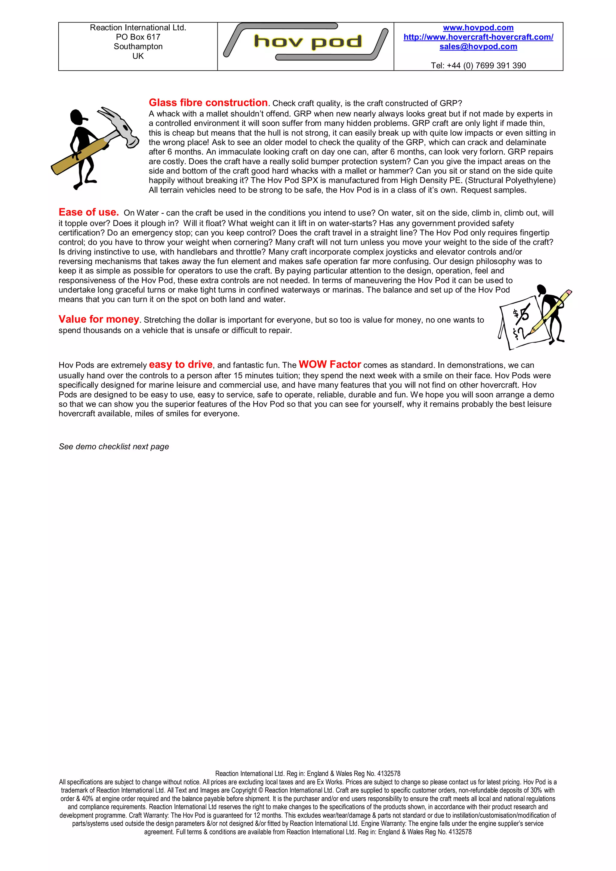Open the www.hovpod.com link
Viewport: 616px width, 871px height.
click(x=478, y=28)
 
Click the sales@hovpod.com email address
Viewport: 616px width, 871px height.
click(x=478, y=47)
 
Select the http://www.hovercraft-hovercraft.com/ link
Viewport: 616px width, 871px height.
click(x=478, y=37)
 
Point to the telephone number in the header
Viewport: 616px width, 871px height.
click(x=478, y=66)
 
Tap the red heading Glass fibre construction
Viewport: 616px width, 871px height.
click(x=208, y=103)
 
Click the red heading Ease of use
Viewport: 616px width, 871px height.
click(x=88, y=212)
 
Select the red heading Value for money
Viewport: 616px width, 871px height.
click(x=99, y=319)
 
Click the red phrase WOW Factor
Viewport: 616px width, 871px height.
click(x=330, y=365)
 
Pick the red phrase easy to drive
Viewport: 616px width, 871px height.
click(x=180, y=365)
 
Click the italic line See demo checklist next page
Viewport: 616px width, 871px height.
click(x=114, y=447)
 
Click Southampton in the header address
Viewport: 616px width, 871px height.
click(x=138, y=47)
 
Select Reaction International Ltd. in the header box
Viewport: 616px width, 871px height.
click(x=138, y=28)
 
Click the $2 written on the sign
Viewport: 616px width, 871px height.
click(x=519, y=333)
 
